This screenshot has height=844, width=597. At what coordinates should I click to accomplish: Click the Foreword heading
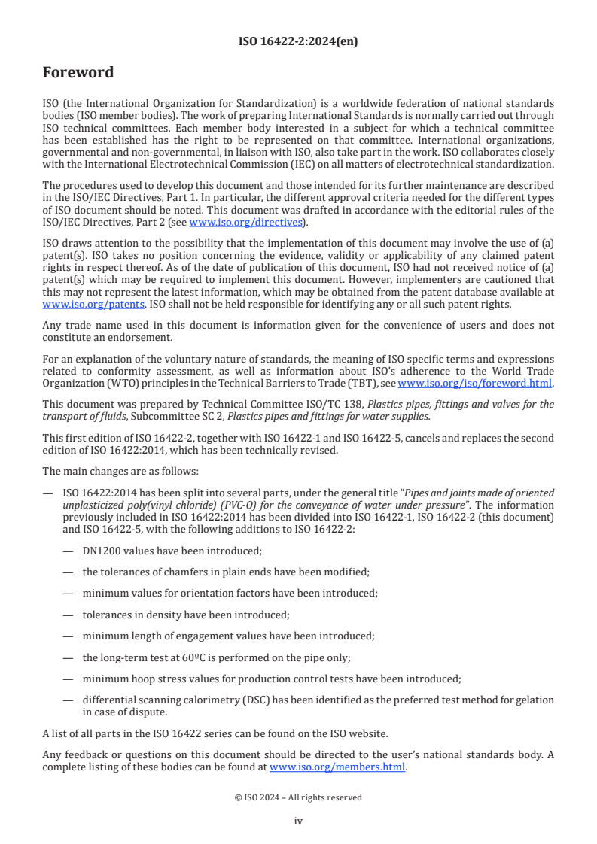(78, 73)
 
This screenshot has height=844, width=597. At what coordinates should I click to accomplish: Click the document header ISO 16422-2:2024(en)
(298, 42)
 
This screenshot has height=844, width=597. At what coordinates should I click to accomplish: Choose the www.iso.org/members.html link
(337, 767)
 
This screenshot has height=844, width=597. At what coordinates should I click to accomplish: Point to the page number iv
(298, 821)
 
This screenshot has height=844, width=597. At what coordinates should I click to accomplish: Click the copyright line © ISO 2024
(298, 797)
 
